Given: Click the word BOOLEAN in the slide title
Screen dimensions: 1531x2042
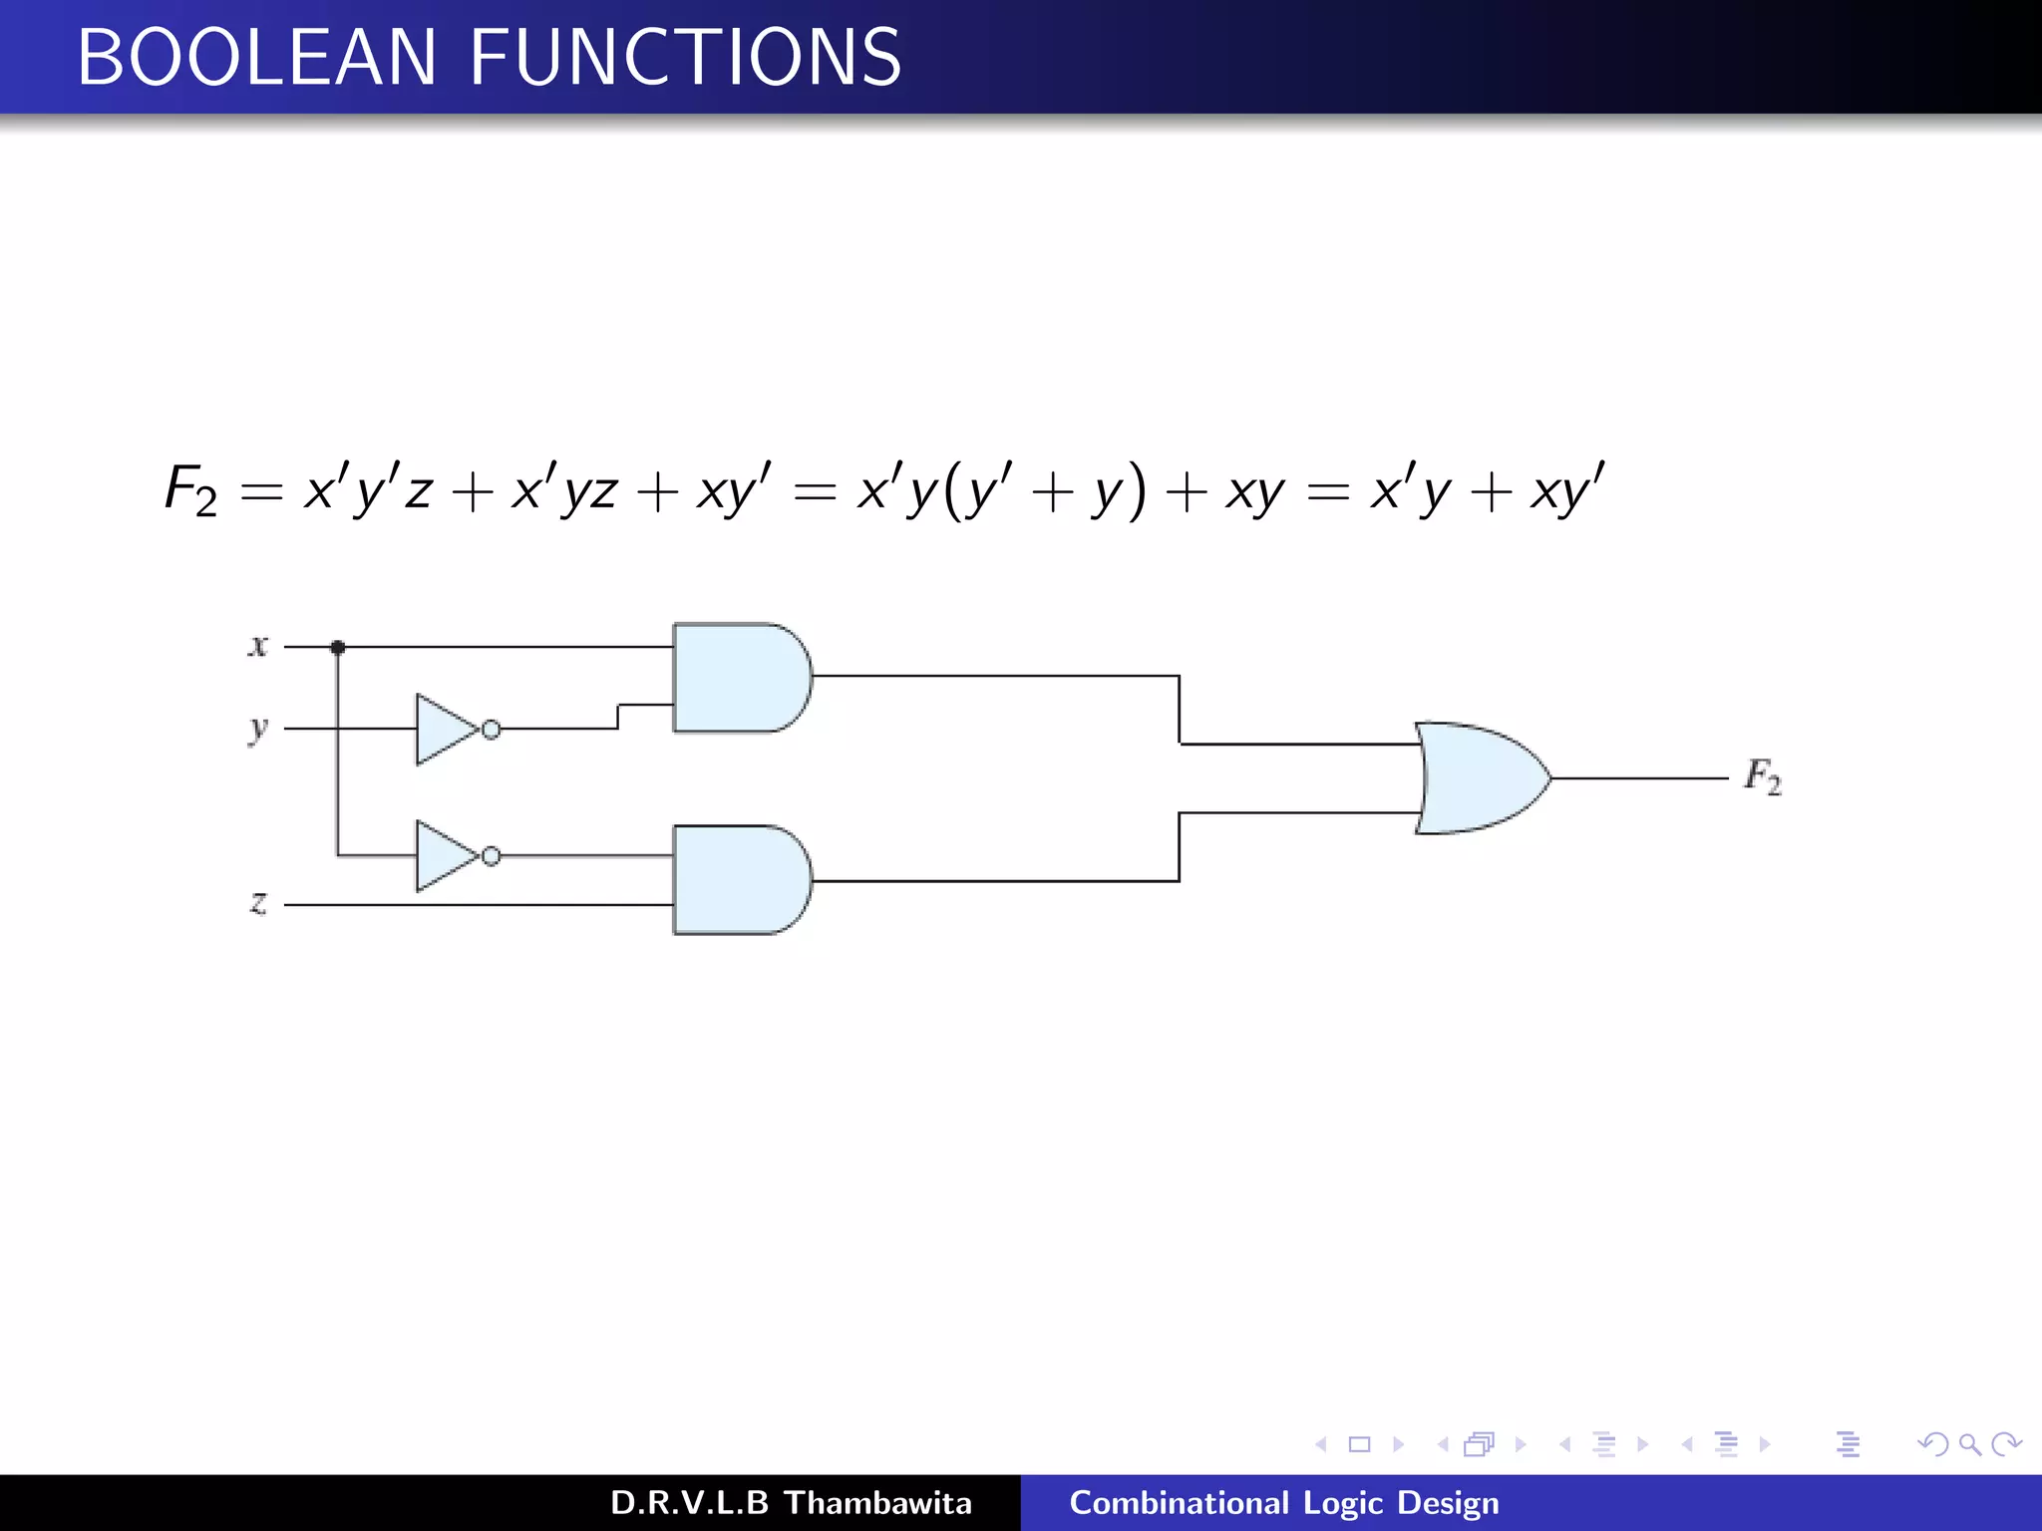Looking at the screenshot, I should [256, 57].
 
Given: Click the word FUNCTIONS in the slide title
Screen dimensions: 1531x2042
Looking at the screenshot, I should [685, 57].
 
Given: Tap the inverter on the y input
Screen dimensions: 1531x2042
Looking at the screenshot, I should [446, 730].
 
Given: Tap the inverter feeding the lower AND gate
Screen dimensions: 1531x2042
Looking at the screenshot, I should [446, 856].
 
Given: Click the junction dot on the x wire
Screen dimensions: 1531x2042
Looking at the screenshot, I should [338, 648].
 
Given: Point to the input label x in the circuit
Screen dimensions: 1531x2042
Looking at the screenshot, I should [258, 646].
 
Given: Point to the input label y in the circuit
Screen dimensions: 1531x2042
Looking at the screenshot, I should [258, 730].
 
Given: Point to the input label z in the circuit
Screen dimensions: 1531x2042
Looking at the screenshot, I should [258, 903].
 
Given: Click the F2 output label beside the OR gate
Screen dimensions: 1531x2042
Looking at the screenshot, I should [1762, 776].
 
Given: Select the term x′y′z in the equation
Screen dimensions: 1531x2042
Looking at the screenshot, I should [368, 489].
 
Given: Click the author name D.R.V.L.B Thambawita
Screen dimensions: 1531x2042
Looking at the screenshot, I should [791, 1503].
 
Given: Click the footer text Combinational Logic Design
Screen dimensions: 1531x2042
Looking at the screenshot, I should [1283, 1503].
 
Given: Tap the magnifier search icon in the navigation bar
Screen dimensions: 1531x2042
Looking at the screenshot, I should [1969, 1444].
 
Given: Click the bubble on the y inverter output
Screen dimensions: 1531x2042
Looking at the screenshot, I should [492, 730].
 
